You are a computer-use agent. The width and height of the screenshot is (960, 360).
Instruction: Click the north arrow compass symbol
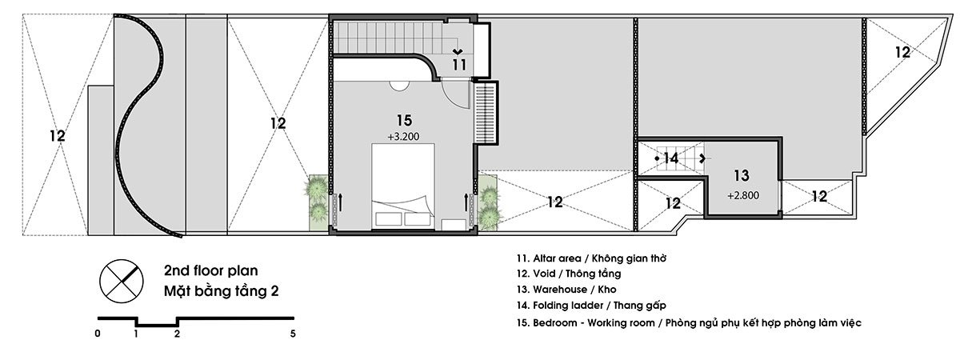(122, 281)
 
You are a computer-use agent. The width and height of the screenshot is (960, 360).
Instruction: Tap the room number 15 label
(404, 121)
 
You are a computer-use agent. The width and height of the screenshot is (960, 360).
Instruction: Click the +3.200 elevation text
(403, 137)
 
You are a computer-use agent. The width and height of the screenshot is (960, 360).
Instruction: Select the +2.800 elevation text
(743, 195)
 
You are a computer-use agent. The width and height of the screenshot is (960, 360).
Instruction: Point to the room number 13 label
(742, 175)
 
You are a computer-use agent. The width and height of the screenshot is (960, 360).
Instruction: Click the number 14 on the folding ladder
(671, 158)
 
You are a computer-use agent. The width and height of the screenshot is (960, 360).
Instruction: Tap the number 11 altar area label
(459, 65)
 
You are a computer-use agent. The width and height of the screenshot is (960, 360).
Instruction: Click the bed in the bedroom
(403, 186)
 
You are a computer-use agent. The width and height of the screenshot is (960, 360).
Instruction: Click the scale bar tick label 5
(293, 334)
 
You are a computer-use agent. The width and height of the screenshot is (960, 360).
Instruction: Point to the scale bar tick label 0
(98, 334)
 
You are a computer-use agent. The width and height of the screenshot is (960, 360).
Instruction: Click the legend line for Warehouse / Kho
(566, 290)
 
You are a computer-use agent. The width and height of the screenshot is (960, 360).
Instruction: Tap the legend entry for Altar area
(591, 258)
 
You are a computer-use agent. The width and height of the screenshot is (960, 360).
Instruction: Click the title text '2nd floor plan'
(211, 270)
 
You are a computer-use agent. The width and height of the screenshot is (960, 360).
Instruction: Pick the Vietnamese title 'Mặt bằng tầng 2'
(221, 291)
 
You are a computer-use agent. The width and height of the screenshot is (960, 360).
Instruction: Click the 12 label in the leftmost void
(57, 136)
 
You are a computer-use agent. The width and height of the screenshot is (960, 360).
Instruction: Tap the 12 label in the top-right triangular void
(902, 52)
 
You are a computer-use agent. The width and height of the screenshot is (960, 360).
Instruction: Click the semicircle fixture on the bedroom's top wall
(399, 86)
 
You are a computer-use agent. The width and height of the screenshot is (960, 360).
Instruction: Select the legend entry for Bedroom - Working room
(689, 322)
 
